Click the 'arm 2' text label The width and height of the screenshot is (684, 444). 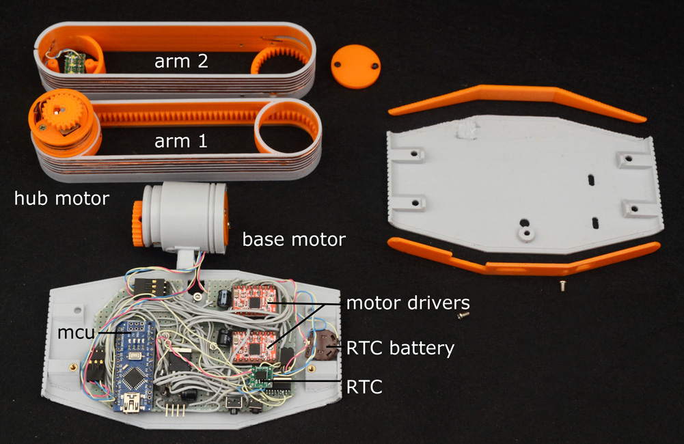[x=181, y=61]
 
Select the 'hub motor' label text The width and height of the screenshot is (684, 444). [x=61, y=199]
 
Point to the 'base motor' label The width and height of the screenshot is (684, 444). [x=294, y=240]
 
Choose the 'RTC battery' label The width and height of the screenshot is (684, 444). [x=400, y=348]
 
